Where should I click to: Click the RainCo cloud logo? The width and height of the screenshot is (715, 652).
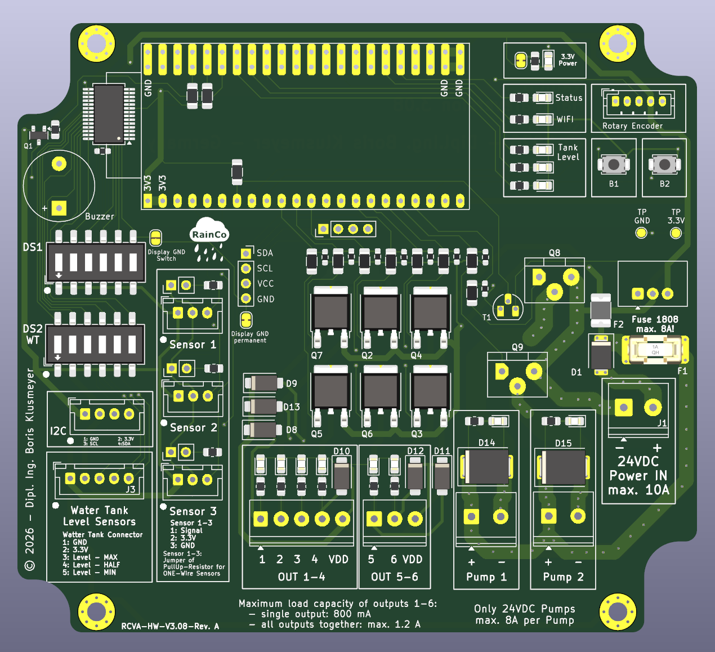click(x=209, y=233)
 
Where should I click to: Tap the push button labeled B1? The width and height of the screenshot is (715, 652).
click(x=614, y=164)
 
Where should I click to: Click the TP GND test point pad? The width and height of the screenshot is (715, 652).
click(x=641, y=233)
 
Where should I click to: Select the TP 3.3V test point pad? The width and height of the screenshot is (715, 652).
click(x=676, y=233)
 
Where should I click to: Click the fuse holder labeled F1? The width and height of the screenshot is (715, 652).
click(x=655, y=350)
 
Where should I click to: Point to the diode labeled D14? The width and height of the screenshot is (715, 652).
click(x=487, y=467)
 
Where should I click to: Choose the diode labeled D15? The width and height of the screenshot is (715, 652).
click(x=563, y=467)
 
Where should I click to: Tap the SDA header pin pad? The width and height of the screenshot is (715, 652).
click(x=246, y=253)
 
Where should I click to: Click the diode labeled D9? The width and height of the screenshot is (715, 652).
click(x=263, y=383)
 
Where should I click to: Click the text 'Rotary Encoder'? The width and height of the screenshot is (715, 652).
click(x=632, y=126)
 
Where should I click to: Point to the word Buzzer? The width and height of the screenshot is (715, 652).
click(x=100, y=216)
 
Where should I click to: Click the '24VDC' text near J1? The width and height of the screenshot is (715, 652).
click(x=638, y=462)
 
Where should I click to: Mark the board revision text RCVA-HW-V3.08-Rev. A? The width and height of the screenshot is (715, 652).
click(x=170, y=626)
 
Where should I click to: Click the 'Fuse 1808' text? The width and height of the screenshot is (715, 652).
click(x=655, y=319)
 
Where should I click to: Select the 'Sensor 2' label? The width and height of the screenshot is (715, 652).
click(x=193, y=428)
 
